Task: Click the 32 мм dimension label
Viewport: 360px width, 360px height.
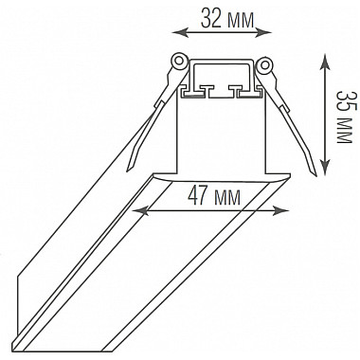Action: click(227, 19)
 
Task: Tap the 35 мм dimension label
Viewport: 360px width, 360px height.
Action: click(344, 117)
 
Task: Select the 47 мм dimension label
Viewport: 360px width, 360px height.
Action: click(214, 196)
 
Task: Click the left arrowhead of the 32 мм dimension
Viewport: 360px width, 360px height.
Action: click(180, 32)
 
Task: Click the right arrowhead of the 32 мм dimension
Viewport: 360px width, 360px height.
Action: click(263, 32)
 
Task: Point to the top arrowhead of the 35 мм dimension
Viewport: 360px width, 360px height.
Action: click(325, 62)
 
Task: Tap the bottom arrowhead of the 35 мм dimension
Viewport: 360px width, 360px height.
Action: click(325, 167)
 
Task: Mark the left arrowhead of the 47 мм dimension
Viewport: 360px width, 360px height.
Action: click(139, 211)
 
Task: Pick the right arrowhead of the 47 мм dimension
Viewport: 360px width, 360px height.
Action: click(281, 211)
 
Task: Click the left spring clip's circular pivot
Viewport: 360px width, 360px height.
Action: click(179, 60)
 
